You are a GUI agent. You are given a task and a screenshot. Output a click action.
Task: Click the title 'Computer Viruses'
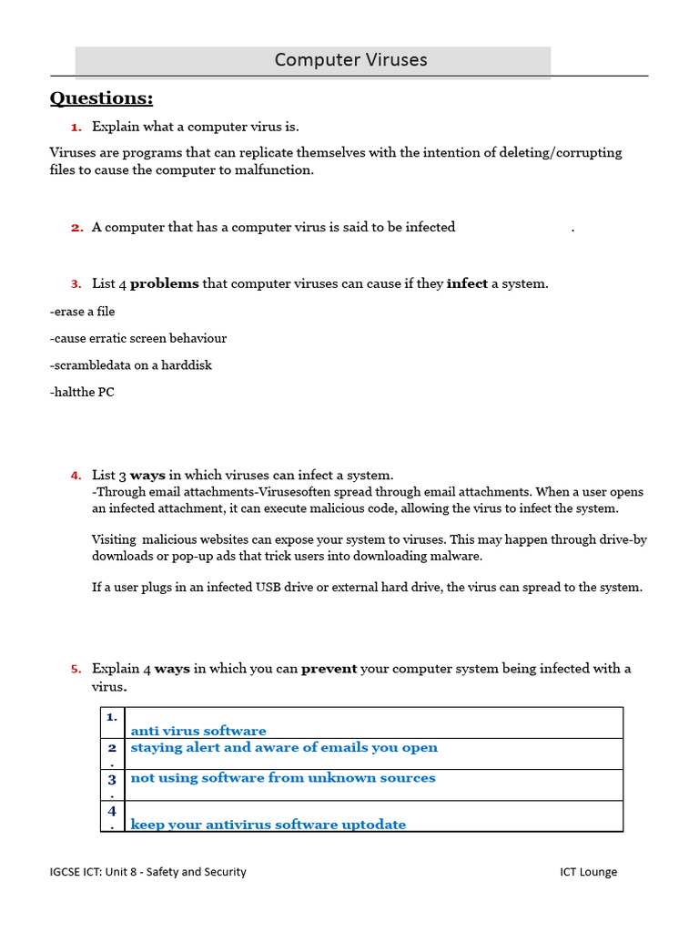point(350,60)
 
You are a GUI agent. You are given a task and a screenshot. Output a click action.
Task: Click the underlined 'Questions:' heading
point(101,98)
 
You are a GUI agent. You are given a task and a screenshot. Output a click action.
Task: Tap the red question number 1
point(76,127)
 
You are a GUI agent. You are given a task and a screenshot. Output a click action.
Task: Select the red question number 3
point(76,283)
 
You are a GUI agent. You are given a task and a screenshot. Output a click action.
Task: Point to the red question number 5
point(76,669)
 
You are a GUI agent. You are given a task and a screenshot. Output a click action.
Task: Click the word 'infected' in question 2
point(430,227)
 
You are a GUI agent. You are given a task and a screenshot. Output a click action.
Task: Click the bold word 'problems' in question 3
point(164,283)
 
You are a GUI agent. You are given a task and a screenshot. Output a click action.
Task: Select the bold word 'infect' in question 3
point(467,283)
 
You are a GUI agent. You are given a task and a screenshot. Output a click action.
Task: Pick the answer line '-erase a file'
point(82,312)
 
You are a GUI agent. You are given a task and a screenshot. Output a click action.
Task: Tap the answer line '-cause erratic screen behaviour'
point(137,338)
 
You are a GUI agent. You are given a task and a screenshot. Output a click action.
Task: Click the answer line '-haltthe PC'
point(82,393)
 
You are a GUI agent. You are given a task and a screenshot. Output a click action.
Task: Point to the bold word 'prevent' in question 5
point(329,668)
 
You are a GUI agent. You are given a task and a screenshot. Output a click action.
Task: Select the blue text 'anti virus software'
point(198,731)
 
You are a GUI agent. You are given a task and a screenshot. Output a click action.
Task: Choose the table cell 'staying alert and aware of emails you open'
point(284,747)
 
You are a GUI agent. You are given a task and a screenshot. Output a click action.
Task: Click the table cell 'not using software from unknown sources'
point(283,777)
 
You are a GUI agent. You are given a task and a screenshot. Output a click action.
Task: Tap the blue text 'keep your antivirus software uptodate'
point(268,825)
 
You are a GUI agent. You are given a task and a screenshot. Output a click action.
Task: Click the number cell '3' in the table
point(112,781)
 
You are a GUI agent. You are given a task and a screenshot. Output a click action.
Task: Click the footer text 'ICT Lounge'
point(588,872)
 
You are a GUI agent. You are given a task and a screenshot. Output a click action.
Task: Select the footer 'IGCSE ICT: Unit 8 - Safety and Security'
point(147,872)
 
